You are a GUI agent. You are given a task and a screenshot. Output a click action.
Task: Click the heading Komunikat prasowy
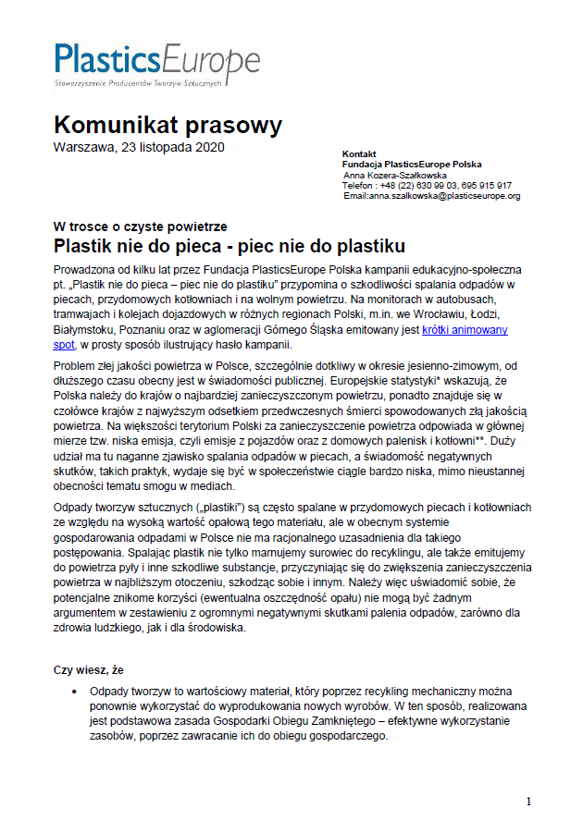pos(168,125)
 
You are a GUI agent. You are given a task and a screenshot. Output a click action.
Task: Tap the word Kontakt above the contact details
pos(359,153)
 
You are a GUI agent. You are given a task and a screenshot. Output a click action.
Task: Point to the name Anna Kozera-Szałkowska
pos(395,174)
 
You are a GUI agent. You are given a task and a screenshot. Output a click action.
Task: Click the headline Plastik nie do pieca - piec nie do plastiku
pos(230,247)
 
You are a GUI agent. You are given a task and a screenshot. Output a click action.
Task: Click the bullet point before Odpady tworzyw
pos(74,692)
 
